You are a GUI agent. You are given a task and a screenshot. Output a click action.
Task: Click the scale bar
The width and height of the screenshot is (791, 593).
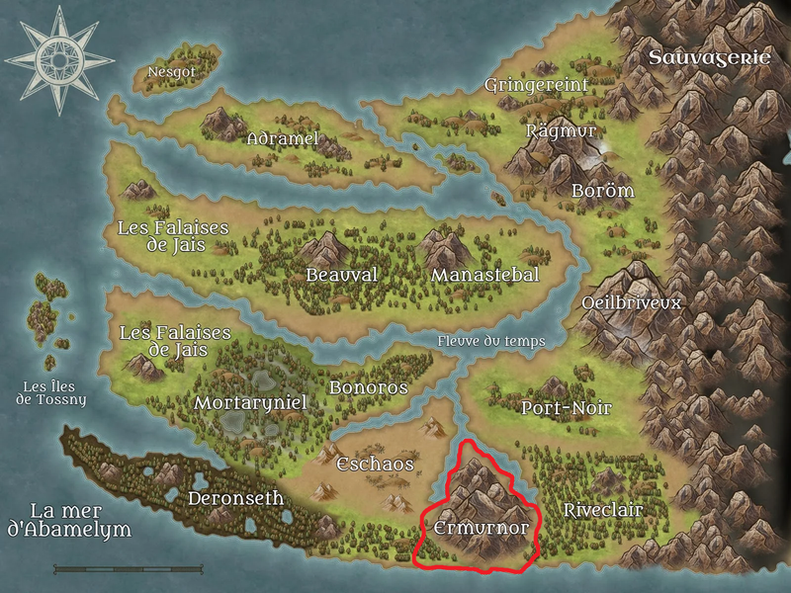(x=129, y=569)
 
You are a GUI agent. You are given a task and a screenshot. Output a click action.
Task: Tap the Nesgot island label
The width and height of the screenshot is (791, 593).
(x=171, y=72)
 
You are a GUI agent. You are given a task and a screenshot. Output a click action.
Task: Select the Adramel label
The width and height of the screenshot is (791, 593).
(x=283, y=139)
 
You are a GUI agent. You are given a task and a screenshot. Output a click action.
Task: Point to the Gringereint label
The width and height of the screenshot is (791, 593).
(x=536, y=86)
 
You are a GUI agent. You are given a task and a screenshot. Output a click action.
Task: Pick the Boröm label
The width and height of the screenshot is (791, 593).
(x=602, y=191)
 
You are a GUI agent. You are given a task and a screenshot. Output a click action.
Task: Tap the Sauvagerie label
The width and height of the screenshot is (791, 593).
(x=709, y=57)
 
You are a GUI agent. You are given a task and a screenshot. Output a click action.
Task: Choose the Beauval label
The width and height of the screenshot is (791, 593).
(x=341, y=275)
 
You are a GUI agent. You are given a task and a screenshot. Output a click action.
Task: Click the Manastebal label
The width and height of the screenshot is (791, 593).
(x=484, y=275)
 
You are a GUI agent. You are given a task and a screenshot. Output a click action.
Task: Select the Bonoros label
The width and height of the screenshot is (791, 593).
(x=368, y=387)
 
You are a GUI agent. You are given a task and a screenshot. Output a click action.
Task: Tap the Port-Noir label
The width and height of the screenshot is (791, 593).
(x=566, y=408)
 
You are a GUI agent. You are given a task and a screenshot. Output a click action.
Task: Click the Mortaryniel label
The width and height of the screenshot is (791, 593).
(x=251, y=403)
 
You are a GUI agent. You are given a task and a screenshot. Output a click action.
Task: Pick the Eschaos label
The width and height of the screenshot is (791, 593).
(x=375, y=464)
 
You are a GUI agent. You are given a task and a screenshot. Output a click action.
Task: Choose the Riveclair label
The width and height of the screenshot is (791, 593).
(x=602, y=511)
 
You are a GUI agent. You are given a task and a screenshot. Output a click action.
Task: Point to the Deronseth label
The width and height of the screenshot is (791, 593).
(x=235, y=498)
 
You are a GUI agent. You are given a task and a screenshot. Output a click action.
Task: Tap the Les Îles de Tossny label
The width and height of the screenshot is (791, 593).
(x=51, y=392)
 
